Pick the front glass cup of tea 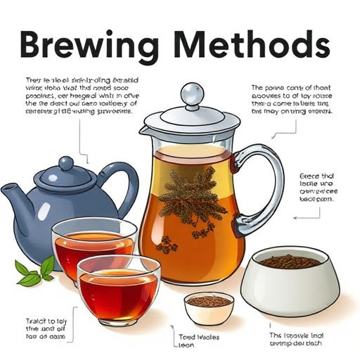(x=118, y=289)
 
